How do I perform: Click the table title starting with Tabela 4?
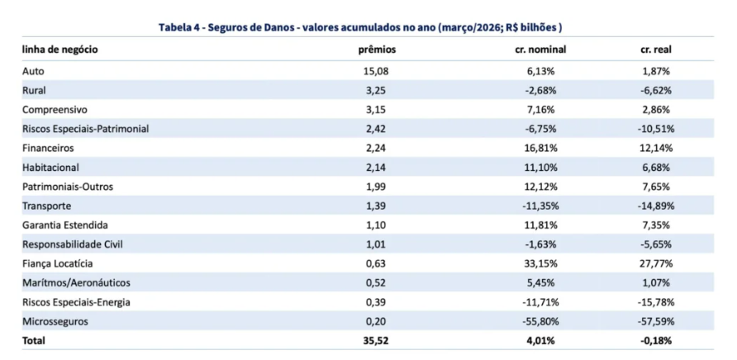pyautogui.click(x=360, y=27)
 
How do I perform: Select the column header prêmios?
pyautogui.click(x=378, y=50)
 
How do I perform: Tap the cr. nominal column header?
pyautogui.click(x=540, y=50)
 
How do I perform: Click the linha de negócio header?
pyautogui.click(x=60, y=50)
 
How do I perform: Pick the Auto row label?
pyautogui.click(x=33, y=72)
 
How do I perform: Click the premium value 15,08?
pyautogui.click(x=378, y=72)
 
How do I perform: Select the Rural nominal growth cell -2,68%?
pyautogui.click(x=540, y=91)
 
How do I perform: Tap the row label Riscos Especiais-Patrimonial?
pyautogui.click(x=86, y=130)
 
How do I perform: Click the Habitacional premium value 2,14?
pyautogui.click(x=375, y=168)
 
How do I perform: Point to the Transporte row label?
pyautogui.click(x=46, y=206)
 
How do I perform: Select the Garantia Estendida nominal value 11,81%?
pyautogui.click(x=540, y=225)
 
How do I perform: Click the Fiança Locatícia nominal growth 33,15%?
pyautogui.click(x=540, y=263)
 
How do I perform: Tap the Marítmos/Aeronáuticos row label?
pyautogui.click(x=76, y=283)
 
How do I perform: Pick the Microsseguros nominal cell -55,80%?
pyautogui.click(x=540, y=321)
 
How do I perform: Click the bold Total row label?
pyautogui.click(x=33, y=341)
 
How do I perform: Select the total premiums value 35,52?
pyautogui.click(x=377, y=341)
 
